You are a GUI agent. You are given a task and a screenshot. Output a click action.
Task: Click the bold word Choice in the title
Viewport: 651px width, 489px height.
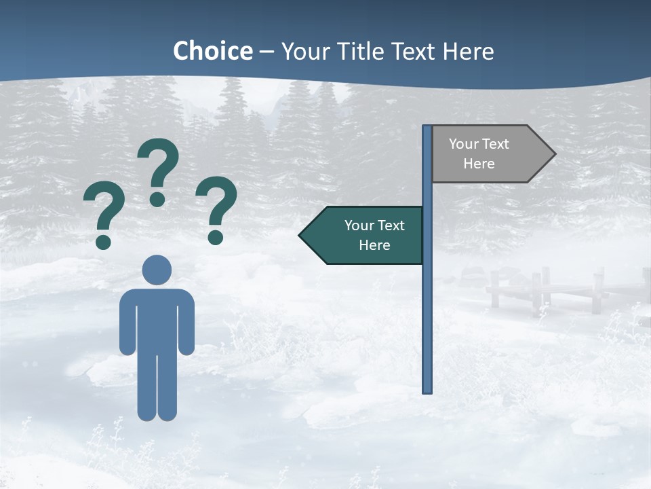[212, 51]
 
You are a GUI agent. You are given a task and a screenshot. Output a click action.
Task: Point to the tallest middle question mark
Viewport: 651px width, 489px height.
[158, 170]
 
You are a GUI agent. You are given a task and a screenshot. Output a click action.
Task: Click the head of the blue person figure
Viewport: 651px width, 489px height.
[157, 270]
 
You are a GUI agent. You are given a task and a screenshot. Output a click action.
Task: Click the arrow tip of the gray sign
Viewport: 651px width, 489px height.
[553, 154]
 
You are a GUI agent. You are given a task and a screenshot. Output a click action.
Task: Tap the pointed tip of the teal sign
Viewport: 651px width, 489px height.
[302, 235]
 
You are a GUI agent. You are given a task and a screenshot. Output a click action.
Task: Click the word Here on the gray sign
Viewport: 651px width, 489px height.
[479, 164]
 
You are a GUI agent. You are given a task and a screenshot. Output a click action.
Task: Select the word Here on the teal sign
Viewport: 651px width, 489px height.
[374, 245]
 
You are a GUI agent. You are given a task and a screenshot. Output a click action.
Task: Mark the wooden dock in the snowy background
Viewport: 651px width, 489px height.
[542, 289]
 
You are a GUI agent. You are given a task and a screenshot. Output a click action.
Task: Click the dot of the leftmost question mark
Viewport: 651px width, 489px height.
[103, 241]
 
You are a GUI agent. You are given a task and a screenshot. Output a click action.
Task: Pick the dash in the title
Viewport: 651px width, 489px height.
[267, 52]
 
